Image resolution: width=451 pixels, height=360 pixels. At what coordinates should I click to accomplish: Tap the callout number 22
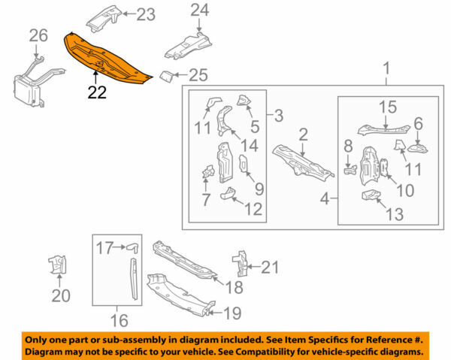97,92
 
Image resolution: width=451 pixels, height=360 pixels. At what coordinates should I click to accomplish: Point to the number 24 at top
198,10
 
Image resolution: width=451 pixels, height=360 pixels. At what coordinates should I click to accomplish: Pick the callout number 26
37,35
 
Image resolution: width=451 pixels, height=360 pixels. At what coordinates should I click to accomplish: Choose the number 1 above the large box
386,72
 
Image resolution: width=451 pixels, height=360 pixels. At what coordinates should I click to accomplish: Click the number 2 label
302,135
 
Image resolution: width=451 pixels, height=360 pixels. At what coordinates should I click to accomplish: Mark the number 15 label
387,107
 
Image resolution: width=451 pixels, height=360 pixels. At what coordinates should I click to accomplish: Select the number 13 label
393,215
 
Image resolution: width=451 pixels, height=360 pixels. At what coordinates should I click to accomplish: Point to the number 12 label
253,210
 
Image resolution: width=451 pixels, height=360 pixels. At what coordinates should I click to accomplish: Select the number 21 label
270,265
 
